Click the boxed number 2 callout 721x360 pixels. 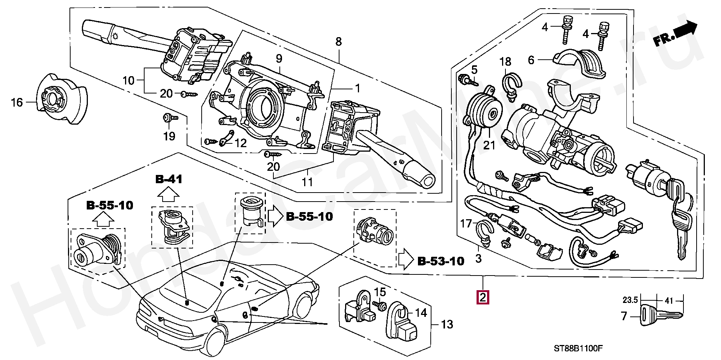tap(483, 298)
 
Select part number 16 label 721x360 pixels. tap(17, 102)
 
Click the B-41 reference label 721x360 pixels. tap(169, 179)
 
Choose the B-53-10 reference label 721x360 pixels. tap(441, 261)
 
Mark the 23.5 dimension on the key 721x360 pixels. tap(630, 300)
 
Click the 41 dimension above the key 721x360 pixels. tap(669, 300)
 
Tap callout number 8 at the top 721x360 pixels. tap(339, 41)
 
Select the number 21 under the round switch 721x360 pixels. tap(489, 145)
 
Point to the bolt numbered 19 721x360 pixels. tap(166, 119)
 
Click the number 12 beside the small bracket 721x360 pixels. tap(240, 143)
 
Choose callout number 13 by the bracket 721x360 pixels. tap(447, 324)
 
